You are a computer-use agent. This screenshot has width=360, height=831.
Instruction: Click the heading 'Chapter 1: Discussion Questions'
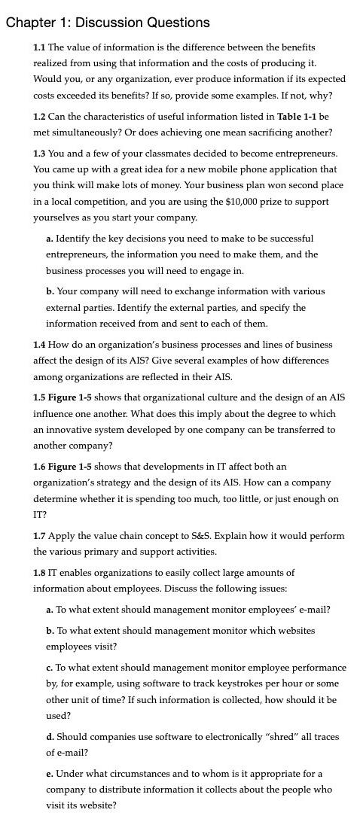[x=107, y=23]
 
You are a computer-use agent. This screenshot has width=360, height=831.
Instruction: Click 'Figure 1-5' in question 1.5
[x=70, y=397]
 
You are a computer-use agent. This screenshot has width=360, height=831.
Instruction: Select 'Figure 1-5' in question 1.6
[x=70, y=467]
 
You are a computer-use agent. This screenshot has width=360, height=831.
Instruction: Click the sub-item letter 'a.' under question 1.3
[x=50, y=239]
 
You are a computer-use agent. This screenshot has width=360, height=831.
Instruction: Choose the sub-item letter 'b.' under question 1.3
[x=50, y=291]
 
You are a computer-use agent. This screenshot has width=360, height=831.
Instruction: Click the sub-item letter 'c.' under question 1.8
[x=49, y=668]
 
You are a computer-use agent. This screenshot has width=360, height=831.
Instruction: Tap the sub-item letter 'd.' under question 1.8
[x=50, y=737]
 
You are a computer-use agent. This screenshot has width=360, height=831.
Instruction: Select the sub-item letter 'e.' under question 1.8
[x=49, y=774]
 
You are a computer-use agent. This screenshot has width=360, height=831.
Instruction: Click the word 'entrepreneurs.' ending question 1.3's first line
[x=300, y=154]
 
